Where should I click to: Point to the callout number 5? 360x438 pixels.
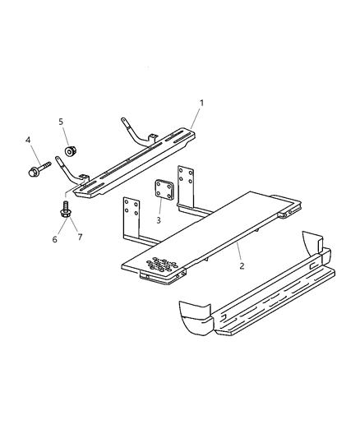tap(61, 122)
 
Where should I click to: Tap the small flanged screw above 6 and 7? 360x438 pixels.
tap(64, 210)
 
